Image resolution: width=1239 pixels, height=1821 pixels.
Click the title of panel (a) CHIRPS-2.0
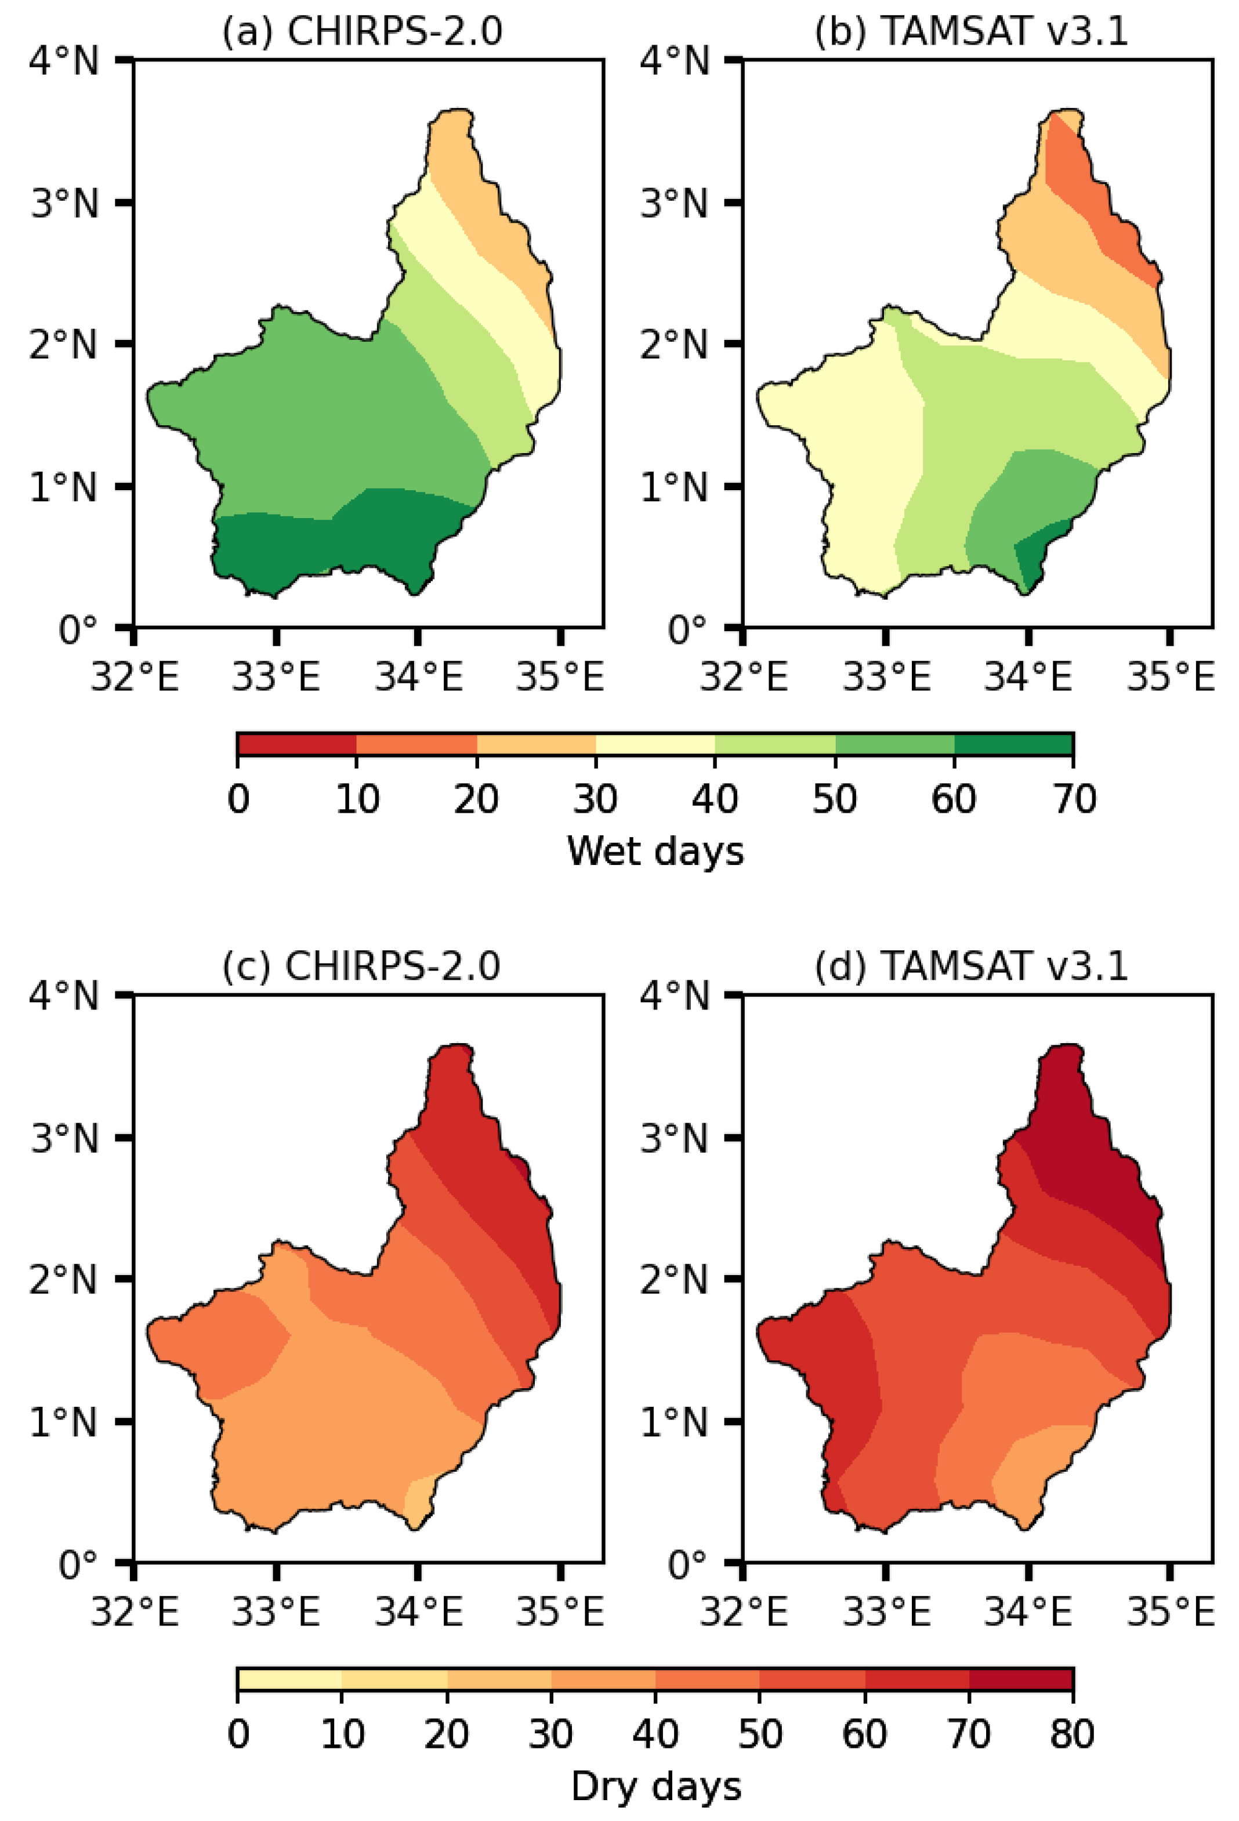[361, 31]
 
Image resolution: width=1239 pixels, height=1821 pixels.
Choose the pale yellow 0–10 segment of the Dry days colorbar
[289, 1679]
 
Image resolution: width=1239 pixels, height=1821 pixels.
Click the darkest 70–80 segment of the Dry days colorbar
[1020, 1679]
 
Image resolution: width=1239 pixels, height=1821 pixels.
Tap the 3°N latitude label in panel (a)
[65, 203]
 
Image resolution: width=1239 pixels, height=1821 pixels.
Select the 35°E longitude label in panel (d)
[1169, 1612]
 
